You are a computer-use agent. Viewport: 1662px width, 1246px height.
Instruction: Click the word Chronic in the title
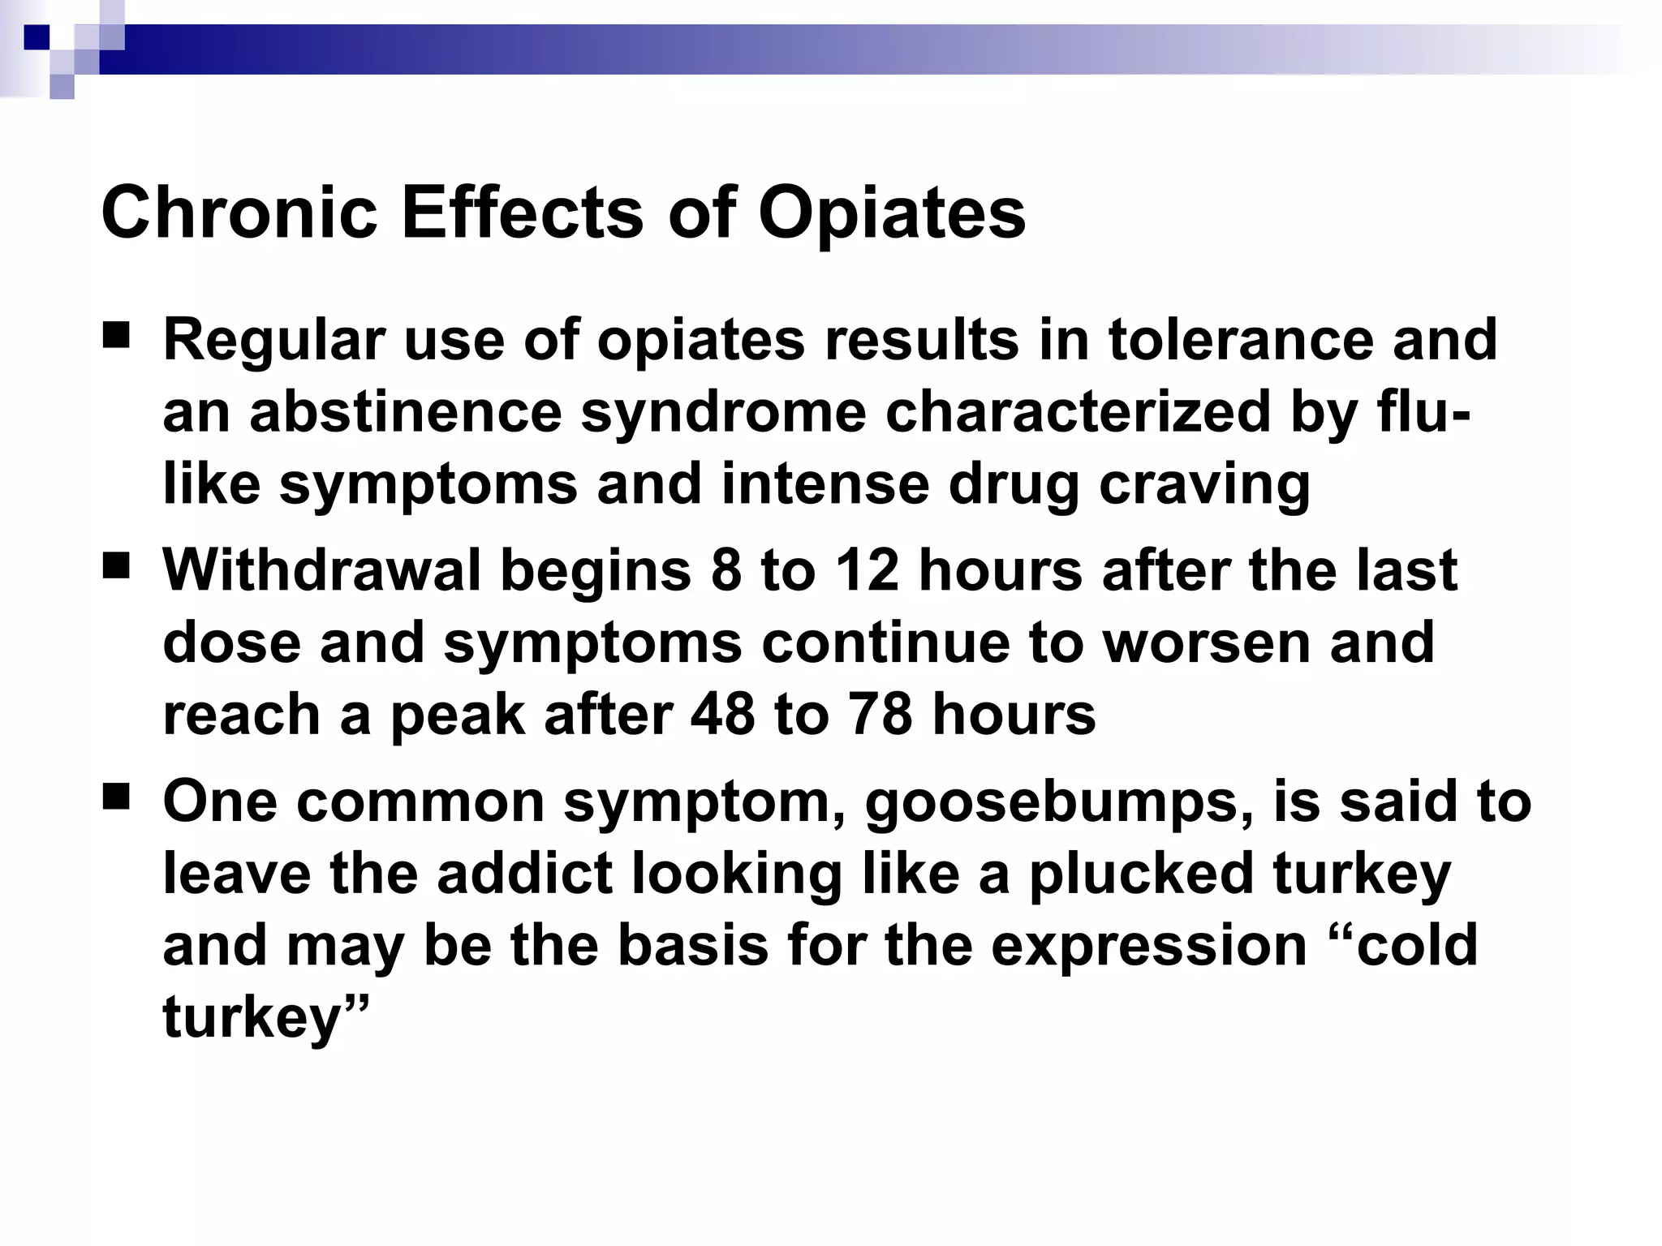tap(239, 213)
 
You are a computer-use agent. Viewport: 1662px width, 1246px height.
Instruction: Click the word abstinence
tap(405, 411)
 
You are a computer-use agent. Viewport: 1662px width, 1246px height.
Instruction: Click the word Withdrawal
tap(322, 570)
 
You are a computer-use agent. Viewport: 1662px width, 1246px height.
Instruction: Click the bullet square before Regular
tap(117, 335)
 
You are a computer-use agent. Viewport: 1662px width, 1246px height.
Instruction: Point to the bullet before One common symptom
tap(117, 797)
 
